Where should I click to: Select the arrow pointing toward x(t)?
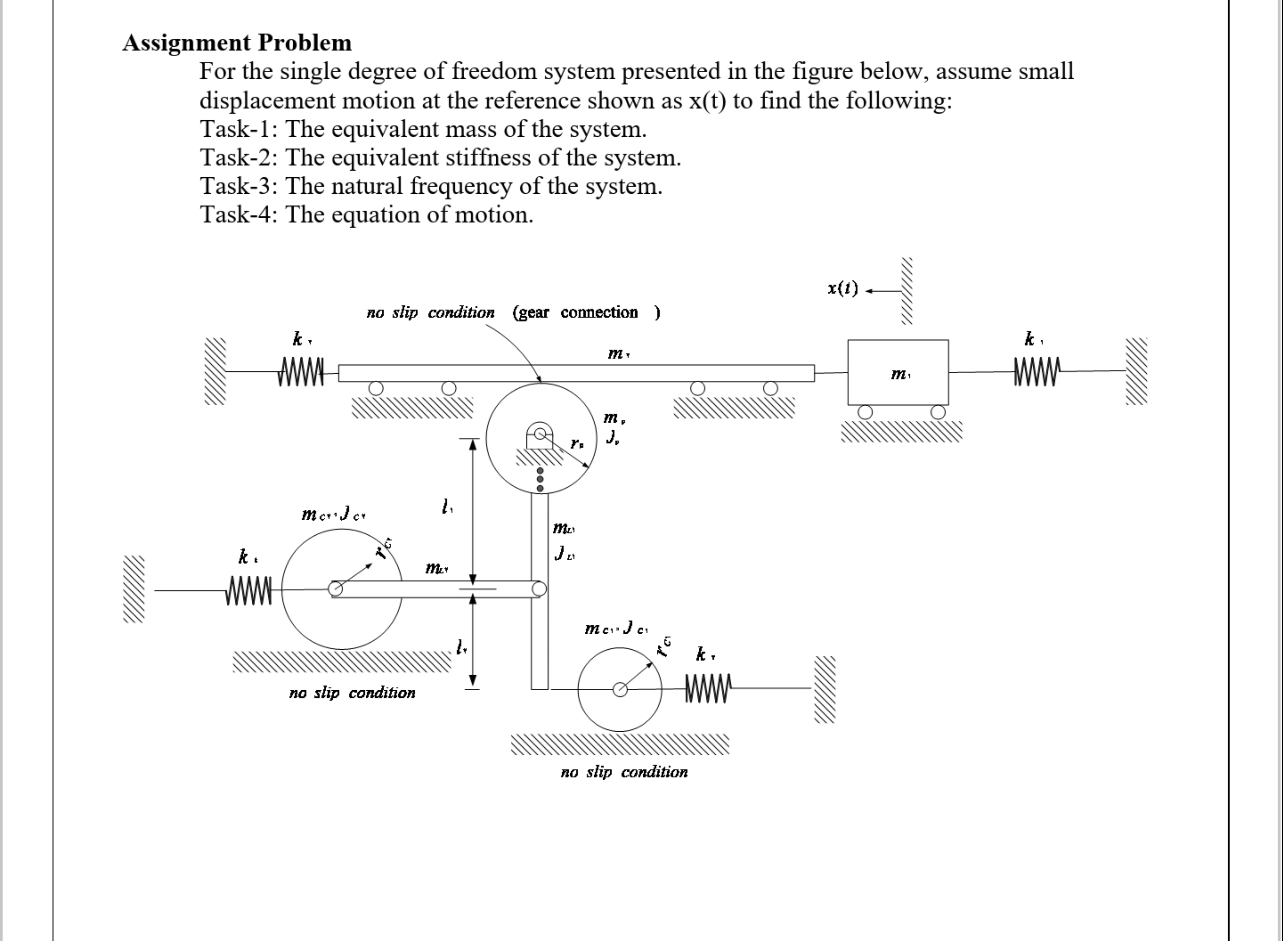tap(883, 291)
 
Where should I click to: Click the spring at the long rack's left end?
tap(301, 372)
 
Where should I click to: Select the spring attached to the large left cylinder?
tap(249, 591)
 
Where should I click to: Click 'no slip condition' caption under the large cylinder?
tap(352, 693)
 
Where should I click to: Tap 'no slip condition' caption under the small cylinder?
tap(624, 772)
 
